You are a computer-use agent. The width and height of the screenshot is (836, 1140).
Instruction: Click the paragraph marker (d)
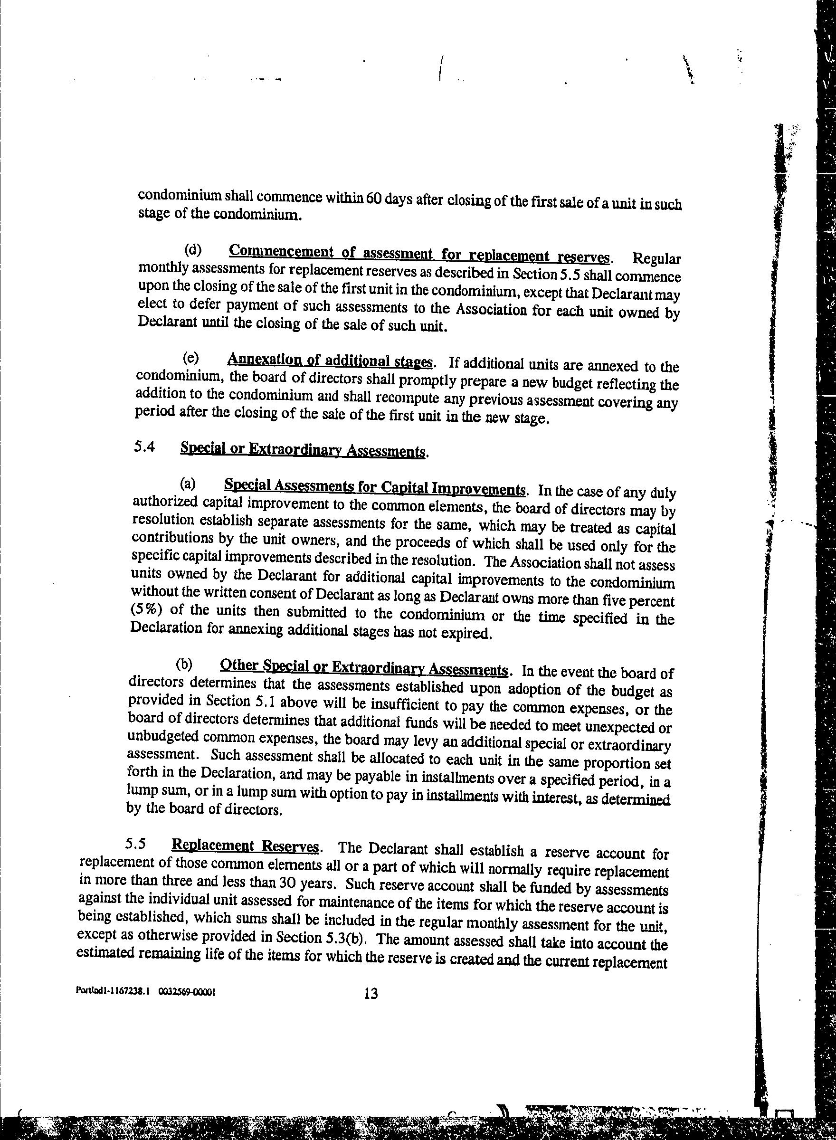[192, 249]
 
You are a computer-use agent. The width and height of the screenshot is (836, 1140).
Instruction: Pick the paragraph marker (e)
[191, 358]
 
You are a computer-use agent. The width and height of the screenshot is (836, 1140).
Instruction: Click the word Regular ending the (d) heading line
[656, 259]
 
